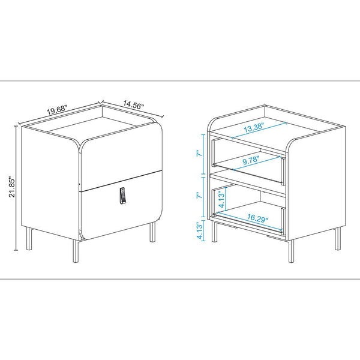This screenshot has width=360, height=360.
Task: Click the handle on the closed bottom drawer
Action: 122,196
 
